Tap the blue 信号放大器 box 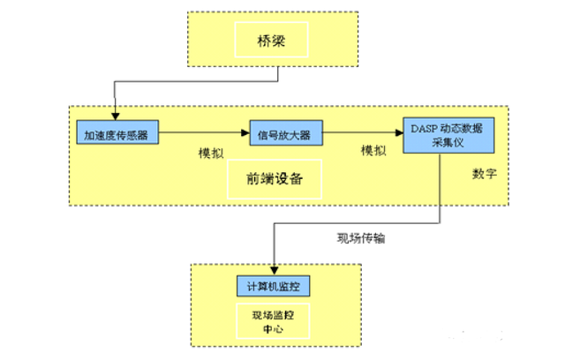coord(284,134)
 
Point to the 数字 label coord(485,173)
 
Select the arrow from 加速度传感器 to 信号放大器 coord(203,134)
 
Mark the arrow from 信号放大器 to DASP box coord(362,134)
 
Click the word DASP coord(424,128)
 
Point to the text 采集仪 coord(446,144)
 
